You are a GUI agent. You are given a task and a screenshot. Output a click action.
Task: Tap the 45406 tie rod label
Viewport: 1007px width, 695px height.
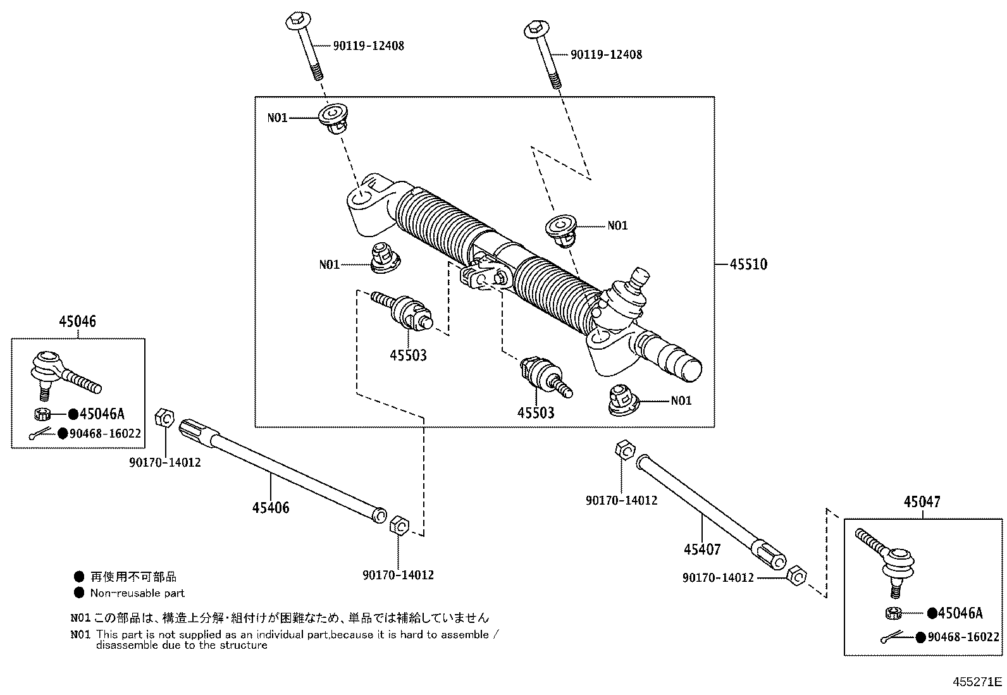tap(271, 507)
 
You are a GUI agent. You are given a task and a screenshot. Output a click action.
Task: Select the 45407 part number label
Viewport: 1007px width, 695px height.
tap(701, 550)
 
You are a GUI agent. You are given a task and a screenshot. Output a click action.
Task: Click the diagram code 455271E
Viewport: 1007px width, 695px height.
tap(978, 682)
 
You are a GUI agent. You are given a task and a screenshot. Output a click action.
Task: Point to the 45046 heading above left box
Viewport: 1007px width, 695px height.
tap(78, 321)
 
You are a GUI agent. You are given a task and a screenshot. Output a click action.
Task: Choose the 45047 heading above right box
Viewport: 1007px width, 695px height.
tap(922, 502)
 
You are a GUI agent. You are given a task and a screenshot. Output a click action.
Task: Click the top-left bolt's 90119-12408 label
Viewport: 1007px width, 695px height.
tap(368, 46)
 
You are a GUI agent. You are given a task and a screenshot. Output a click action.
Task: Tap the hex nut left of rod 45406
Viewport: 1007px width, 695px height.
tap(164, 418)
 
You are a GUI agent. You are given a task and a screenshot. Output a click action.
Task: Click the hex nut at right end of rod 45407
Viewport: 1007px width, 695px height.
tap(797, 577)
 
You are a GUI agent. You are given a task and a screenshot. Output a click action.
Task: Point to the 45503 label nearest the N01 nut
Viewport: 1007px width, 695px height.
tap(536, 413)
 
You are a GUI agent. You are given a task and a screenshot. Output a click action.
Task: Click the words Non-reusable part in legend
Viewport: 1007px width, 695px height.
tap(137, 593)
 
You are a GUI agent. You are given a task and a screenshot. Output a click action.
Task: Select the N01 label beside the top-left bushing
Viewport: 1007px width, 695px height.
tap(277, 118)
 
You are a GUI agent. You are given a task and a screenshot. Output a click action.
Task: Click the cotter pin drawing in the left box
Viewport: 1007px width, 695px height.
tap(41, 434)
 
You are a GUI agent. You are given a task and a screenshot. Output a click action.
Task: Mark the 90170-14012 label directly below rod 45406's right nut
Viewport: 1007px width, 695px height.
tap(398, 575)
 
